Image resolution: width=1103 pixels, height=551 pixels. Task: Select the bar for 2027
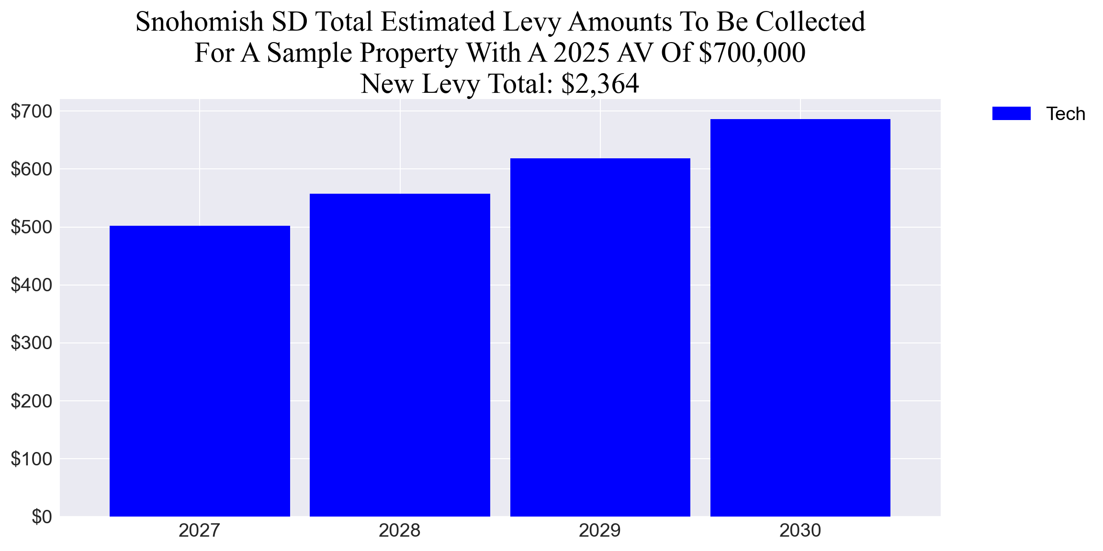(x=200, y=371)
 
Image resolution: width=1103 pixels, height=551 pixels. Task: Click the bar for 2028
(x=400, y=355)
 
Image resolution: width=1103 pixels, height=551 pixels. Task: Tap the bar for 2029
(x=600, y=337)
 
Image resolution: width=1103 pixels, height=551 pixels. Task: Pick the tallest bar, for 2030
(x=800, y=318)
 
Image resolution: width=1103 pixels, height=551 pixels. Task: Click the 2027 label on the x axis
(x=199, y=530)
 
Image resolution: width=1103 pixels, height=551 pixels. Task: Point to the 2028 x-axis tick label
(x=399, y=530)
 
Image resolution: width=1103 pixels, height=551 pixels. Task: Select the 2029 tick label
(x=599, y=530)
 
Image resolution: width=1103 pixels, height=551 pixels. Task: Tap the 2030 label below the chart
(x=800, y=530)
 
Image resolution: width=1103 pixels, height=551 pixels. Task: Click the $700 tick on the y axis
(x=32, y=111)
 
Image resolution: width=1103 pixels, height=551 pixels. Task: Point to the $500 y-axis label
(x=32, y=227)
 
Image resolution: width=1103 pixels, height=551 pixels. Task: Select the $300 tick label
(x=32, y=343)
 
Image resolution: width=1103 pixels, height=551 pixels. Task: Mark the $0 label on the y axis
(x=42, y=517)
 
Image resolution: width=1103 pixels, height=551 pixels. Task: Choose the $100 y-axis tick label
(x=32, y=459)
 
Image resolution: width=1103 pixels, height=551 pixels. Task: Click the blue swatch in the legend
(x=1011, y=114)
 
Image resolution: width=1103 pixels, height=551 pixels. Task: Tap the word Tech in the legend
(x=1065, y=114)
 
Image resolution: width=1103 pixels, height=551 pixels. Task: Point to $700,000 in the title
(x=752, y=53)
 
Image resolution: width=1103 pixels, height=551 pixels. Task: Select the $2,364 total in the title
(x=600, y=84)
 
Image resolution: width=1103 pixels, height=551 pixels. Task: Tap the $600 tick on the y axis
(x=32, y=169)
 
